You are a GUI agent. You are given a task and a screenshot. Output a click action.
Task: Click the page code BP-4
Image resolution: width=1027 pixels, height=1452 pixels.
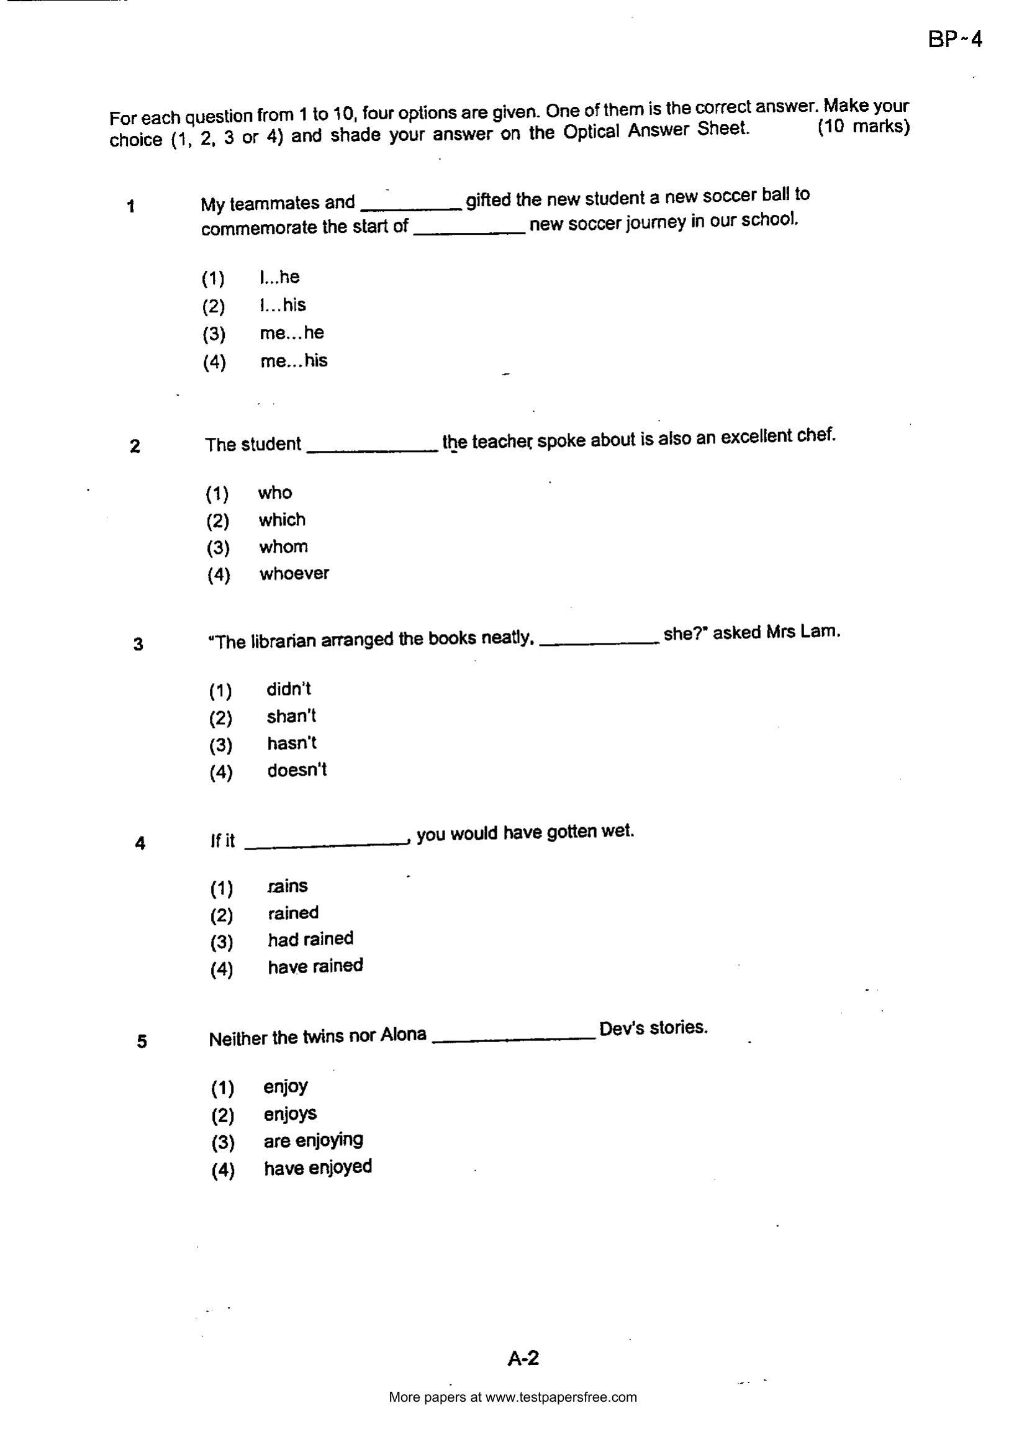pos(955,40)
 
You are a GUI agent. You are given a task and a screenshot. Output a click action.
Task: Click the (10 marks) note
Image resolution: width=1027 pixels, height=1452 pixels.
pos(863,127)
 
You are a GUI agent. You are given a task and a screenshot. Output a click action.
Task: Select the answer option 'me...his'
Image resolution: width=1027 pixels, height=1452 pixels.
pos(294,360)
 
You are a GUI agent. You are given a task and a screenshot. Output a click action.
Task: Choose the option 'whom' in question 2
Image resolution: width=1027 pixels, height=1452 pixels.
pos(283,547)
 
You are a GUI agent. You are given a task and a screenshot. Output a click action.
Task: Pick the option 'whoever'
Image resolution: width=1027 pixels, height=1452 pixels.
pos(294,574)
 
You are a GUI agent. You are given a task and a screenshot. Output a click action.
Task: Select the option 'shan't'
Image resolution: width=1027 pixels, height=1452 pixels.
pos(291,716)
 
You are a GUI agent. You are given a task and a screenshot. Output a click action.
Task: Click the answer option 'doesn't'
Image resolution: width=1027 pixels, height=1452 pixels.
pos(297,770)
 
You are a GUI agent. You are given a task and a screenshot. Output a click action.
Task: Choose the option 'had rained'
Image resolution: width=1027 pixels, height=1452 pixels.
pos(310,939)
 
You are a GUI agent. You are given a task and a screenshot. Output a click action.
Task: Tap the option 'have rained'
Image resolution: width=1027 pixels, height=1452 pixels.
pos(315,966)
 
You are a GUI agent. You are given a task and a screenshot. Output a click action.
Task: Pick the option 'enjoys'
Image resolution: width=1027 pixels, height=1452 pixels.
pos(290,1114)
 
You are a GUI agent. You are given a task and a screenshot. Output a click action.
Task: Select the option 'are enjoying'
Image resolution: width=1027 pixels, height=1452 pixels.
pos(314,1140)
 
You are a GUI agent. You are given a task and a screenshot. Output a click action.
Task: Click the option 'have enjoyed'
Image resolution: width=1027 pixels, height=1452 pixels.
pos(317,1167)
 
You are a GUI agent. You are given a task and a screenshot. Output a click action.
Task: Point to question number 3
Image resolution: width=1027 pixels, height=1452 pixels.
pos(138,645)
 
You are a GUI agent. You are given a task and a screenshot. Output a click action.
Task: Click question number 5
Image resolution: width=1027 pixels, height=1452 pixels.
pos(142,1041)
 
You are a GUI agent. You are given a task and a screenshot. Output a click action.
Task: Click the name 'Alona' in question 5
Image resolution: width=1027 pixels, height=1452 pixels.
pos(403,1035)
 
